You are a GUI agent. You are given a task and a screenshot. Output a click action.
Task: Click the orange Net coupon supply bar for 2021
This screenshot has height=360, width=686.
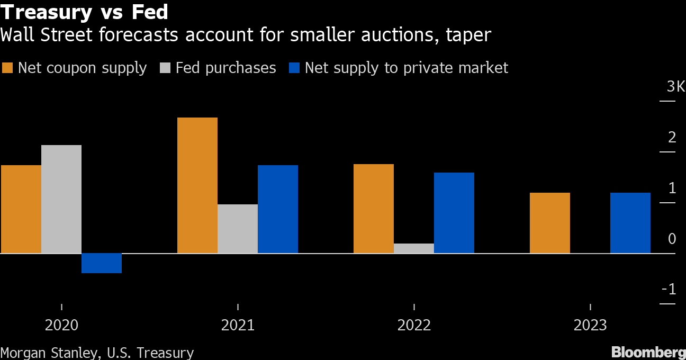point(197,185)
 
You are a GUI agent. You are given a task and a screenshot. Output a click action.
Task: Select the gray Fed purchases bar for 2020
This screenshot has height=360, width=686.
point(61,199)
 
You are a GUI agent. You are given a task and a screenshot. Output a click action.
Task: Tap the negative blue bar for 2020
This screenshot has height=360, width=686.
point(102,263)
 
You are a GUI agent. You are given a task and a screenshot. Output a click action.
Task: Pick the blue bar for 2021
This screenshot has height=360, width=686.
point(278,209)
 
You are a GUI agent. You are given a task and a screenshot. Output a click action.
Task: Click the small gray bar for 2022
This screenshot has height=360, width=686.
point(414,248)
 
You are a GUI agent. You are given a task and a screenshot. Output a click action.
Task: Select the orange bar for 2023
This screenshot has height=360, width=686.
point(549,223)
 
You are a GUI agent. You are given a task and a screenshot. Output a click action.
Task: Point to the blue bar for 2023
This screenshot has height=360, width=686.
point(630,223)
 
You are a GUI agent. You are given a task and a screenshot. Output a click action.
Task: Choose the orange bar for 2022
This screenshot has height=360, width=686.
point(373,209)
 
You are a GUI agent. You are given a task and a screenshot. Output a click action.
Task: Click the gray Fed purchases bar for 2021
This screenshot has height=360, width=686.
point(238,229)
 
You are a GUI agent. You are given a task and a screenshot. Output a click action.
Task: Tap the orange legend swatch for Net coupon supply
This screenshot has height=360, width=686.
point(7,68)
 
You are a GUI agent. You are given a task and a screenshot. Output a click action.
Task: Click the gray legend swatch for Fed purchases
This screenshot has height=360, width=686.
point(166,68)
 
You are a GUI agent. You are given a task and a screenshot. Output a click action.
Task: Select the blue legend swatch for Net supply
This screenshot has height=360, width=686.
point(294,68)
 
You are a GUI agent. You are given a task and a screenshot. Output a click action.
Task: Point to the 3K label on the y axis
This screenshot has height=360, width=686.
point(675,87)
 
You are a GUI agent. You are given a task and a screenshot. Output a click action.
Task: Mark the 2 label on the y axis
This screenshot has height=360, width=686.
point(672,138)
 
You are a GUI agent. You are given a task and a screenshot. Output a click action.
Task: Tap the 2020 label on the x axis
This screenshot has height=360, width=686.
point(61,325)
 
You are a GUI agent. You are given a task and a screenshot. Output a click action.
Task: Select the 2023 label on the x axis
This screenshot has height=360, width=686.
point(590,325)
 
